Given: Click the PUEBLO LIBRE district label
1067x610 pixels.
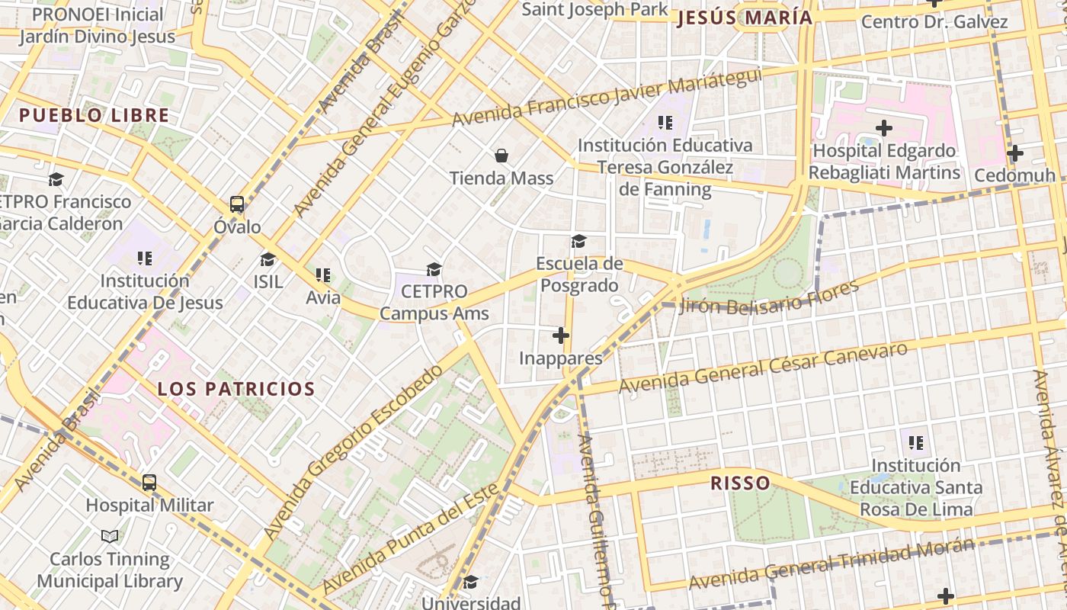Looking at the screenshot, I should click(94, 116).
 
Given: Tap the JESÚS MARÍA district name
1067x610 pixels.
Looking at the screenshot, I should click(745, 18).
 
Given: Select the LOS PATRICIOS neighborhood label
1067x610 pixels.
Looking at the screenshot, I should click(236, 389).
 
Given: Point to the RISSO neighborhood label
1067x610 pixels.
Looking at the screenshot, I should click(740, 483).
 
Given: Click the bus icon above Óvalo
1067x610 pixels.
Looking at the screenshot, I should click(237, 204).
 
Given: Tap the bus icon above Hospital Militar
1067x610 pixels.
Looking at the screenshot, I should click(149, 482).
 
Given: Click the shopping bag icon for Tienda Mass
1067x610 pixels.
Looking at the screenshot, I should click(501, 156).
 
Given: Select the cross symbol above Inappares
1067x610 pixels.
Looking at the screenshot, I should click(561, 335).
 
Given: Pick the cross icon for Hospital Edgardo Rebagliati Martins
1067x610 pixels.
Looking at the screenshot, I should click(884, 127).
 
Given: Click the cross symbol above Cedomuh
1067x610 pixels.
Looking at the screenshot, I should click(1014, 153).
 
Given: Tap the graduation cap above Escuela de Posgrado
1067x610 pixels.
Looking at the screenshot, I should click(579, 242).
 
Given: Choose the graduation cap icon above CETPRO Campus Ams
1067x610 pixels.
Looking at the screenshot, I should click(434, 269).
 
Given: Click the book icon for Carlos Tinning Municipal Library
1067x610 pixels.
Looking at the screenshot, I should click(110, 536).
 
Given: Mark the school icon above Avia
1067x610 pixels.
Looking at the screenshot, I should click(323, 274).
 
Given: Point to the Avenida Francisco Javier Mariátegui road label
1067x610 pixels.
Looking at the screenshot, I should click(607, 98).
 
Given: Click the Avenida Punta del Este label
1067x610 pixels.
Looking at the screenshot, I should click(412, 538).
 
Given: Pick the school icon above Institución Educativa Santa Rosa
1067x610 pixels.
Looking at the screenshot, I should click(916, 442).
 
